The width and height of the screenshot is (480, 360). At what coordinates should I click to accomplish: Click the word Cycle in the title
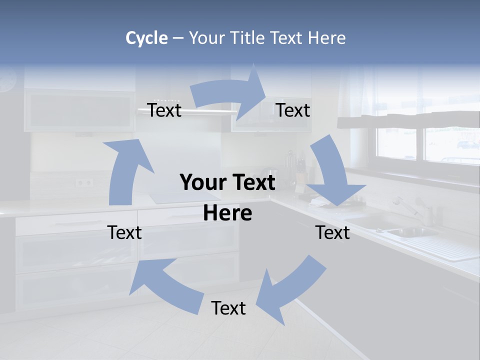[146, 38]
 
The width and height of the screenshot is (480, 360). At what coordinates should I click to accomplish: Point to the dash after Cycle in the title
[178, 38]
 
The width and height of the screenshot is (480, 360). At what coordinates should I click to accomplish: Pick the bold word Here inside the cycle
[227, 213]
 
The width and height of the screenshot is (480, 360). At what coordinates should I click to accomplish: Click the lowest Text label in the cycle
[228, 308]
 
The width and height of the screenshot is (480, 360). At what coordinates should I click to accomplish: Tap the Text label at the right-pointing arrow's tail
[164, 110]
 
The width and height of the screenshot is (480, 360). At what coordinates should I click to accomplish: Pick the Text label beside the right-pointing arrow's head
[293, 110]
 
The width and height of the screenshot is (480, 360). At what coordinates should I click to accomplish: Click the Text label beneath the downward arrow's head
[332, 232]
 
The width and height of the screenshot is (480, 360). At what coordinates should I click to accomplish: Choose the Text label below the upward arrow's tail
[124, 232]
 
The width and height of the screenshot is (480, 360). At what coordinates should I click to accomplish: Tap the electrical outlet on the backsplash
[84, 182]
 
